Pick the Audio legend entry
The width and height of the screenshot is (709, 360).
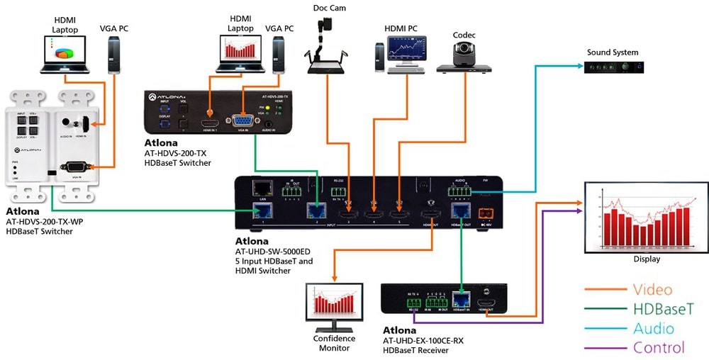653,328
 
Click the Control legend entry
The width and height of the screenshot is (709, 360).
659,348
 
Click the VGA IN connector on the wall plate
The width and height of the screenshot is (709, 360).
76,167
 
